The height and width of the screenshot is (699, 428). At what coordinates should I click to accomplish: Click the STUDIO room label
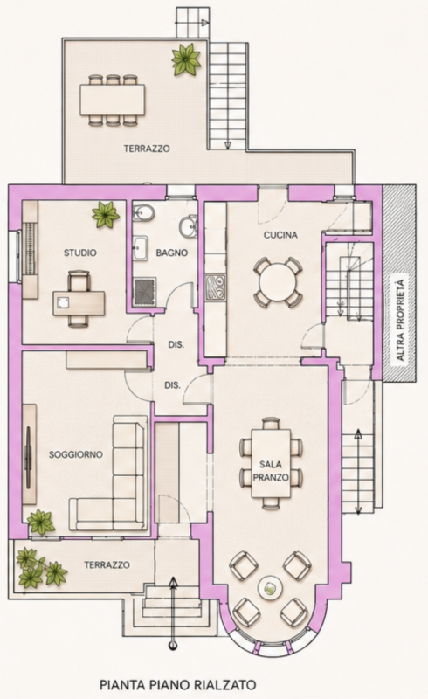[79, 253]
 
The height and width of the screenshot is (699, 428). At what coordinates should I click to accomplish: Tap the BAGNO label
[172, 253]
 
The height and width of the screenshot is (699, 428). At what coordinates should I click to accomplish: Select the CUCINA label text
[280, 235]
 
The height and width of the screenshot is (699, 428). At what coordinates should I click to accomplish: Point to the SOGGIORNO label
[76, 454]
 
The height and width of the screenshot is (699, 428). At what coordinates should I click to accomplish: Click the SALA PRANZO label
[271, 471]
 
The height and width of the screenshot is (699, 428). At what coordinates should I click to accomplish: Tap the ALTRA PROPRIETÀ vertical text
[400, 320]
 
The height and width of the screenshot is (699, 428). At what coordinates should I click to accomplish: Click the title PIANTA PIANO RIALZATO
[178, 684]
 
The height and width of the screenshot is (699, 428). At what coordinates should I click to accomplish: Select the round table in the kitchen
[278, 282]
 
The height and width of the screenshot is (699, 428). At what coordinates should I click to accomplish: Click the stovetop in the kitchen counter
[216, 289]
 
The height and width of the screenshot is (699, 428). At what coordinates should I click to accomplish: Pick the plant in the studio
[106, 214]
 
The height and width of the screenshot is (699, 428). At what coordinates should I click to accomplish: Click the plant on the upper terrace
[186, 59]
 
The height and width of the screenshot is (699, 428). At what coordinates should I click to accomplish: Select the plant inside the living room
[41, 523]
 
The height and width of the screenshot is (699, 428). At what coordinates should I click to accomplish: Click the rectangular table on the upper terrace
[113, 100]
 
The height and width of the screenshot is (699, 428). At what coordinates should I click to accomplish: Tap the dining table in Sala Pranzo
[271, 463]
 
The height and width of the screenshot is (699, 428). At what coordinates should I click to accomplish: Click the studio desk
[79, 303]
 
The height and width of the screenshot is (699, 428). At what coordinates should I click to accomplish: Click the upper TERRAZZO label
[147, 149]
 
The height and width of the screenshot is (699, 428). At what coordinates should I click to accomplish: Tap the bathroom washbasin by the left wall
[141, 248]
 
